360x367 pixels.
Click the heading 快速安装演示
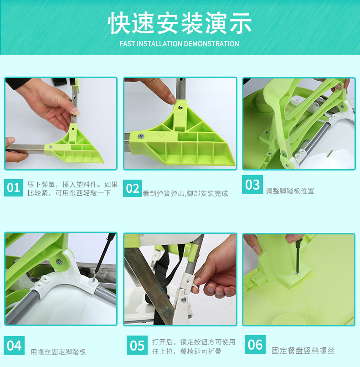tap(180, 23)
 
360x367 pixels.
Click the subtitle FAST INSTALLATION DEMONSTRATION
tap(180, 44)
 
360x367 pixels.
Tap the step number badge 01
tap(13, 188)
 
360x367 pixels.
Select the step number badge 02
tap(133, 188)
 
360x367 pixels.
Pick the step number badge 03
tap(252, 185)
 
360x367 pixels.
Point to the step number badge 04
tap(14, 346)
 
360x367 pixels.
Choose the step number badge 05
tap(137, 345)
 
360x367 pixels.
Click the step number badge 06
tap(255, 345)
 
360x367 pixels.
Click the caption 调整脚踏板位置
tap(290, 191)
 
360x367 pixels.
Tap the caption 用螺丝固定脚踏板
tap(58, 352)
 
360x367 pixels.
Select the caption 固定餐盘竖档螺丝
tap(303, 351)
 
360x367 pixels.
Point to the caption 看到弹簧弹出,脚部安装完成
tap(185, 194)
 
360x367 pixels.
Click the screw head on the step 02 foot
tap(141, 136)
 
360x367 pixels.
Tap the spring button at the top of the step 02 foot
tap(180, 107)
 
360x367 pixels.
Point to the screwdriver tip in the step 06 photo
tap(298, 273)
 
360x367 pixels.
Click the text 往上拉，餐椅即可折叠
tap(187, 351)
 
